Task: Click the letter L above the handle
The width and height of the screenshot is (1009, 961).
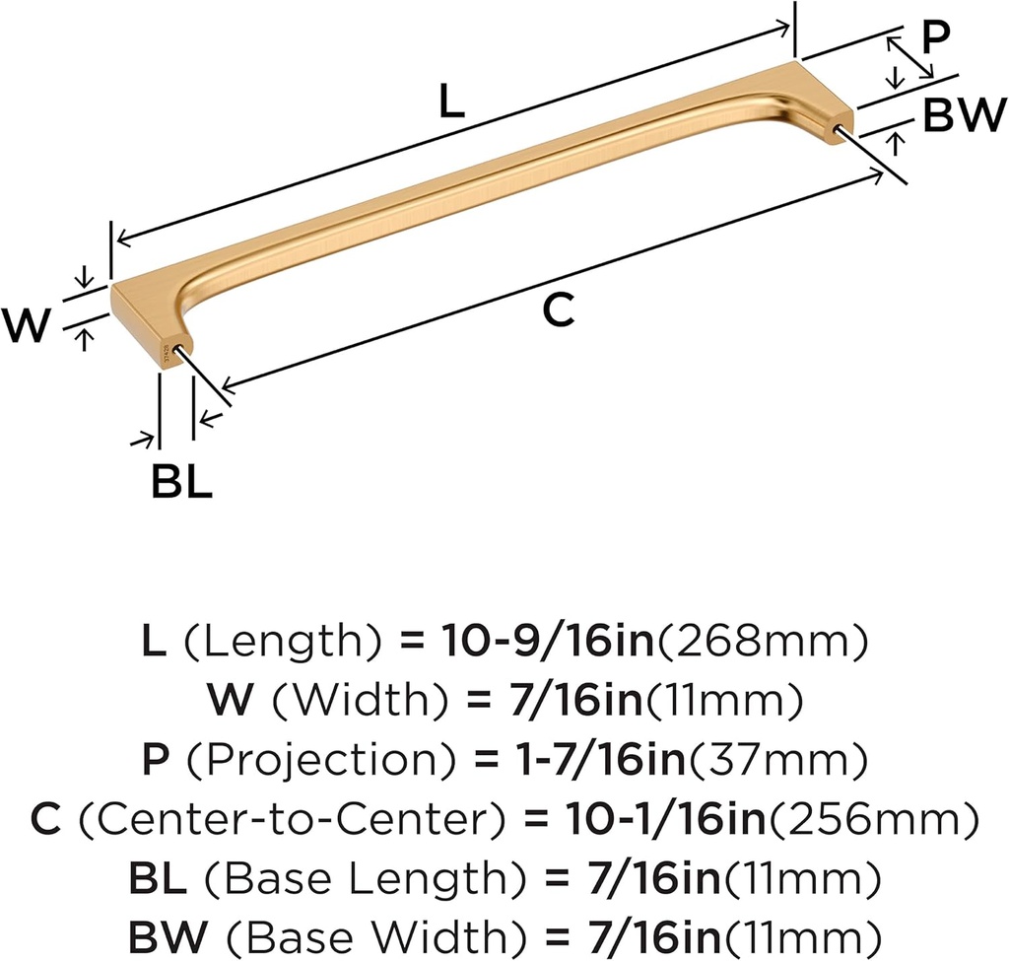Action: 450,103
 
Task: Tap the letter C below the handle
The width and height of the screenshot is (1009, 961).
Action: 558,310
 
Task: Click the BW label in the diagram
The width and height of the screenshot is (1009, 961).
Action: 963,116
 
